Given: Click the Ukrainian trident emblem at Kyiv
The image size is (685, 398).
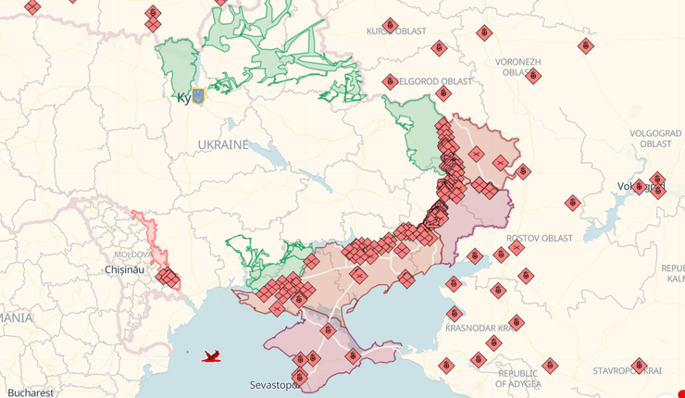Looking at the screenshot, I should (x=198, y=95).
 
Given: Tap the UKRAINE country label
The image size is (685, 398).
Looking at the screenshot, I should (x=222, y=145).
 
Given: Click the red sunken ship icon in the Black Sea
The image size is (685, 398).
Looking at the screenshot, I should (x=212, y=354).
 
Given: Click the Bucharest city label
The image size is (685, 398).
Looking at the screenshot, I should (x=27, y=392).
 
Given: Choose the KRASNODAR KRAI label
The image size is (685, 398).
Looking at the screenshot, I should (x=505, y=329).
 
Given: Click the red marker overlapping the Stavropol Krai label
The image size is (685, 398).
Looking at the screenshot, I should (x=638, y=366).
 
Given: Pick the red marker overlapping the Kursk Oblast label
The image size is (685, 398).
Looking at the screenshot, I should (x=390, y=25).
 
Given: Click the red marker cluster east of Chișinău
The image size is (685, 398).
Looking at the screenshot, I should (x=168, y=277).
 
